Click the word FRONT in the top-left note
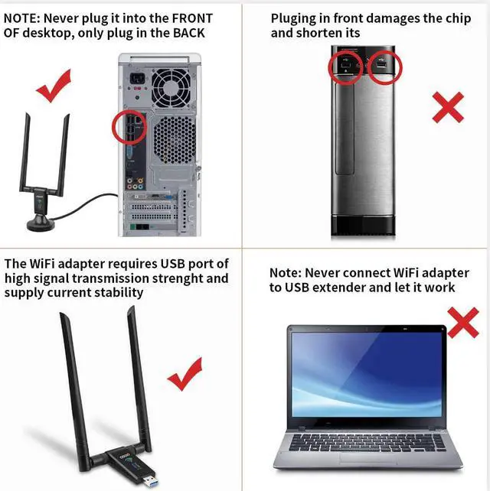coord(192,18)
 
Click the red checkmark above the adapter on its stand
coord(54,86)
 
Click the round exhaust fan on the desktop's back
coord(171,88)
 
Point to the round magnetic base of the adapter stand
coord(41,224)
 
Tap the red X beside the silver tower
coord(448,107)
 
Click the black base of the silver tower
coord(363,226)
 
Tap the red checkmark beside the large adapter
coord(186,375)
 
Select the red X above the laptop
coord(463,323)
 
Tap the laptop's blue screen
coord(367,375)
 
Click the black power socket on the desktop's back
coord(138,78)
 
